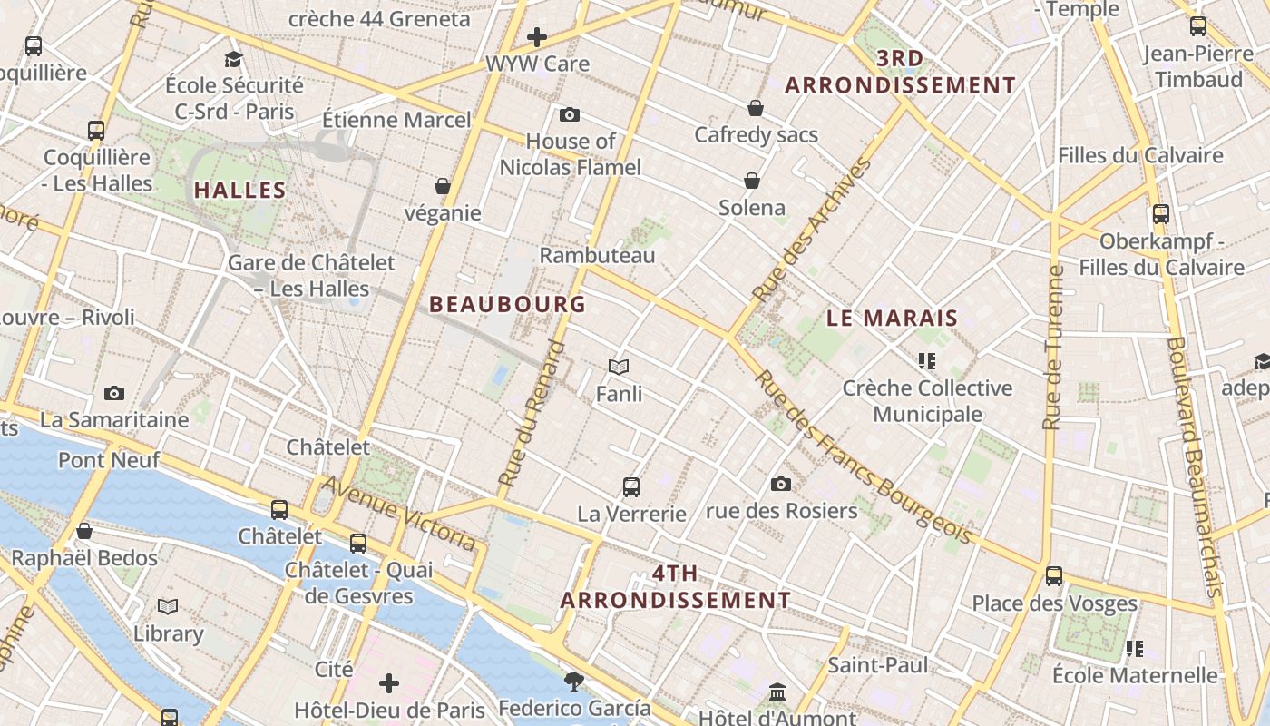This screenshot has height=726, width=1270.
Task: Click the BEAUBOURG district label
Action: click(507, 304)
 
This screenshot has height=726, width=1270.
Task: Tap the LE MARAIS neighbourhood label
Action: click(893, 318)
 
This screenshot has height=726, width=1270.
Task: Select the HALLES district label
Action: click(240, 191)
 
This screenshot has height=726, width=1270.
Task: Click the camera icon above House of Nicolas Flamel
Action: click(570, 114)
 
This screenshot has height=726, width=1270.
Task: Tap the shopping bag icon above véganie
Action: click(443, 186)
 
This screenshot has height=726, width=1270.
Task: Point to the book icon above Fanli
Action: click(619, 367)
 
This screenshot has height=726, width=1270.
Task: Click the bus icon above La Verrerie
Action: click(631, 486)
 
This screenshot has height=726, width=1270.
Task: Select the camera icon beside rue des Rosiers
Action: click(781, 484)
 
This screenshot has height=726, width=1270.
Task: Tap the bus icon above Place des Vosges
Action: click(1054, 575)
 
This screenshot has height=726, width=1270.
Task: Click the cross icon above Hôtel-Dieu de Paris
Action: click(389, 682)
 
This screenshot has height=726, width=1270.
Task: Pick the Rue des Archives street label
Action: click(812, 231)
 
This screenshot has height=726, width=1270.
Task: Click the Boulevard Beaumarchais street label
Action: click(1197, 467)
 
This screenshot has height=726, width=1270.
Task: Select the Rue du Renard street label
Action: click(532, 413)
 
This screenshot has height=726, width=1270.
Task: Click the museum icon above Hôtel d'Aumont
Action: click(777, 693)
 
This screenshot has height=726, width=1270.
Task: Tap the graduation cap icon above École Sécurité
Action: click(234, 59)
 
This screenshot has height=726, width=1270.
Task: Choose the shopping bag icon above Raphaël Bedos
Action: click(84, 531)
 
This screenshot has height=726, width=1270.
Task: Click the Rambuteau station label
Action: click(597, 256)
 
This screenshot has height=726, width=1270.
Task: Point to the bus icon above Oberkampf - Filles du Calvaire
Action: click(1161, 214)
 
